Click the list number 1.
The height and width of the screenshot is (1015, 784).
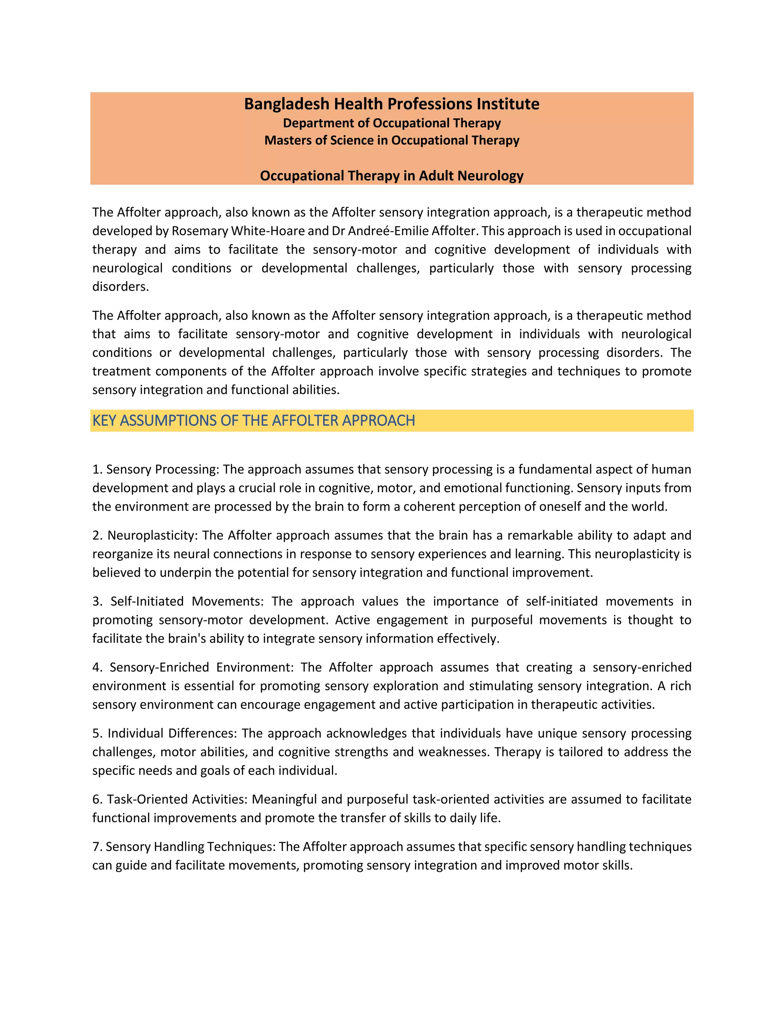coord(96,470)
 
